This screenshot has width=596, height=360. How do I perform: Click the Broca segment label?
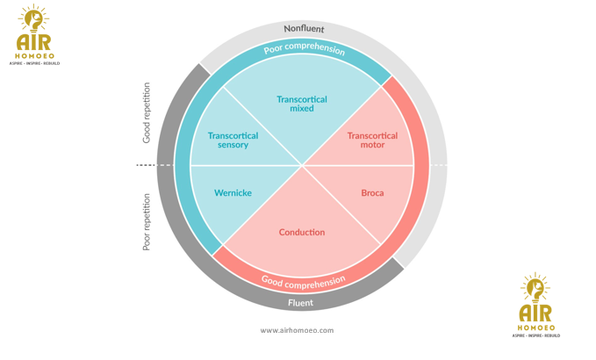click(372, 193)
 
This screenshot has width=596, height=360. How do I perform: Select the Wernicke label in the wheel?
click(233, 193)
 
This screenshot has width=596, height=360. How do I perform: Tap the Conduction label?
click(302, 233)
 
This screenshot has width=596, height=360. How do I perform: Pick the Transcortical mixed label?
click(302, 104)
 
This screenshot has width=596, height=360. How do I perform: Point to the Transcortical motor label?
click(372, 140)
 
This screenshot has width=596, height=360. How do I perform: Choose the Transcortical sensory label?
click(233, 140)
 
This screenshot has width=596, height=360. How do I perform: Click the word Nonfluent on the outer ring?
click(304, 29)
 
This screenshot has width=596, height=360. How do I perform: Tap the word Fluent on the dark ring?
click(300, 303)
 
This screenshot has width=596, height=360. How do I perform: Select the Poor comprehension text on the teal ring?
click(304, 47)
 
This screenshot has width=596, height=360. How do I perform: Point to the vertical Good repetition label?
click(147, 113)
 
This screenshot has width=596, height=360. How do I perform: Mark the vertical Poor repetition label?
click(147, 222)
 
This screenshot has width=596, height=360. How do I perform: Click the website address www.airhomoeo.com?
click(297, 331)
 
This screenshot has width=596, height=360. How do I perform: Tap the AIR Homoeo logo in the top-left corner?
click(34, 35)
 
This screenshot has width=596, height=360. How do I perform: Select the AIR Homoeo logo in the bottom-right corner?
click(535, 305)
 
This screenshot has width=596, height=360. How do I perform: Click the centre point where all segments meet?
click(302, 165)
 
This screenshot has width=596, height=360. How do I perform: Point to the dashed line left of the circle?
click(146, 165)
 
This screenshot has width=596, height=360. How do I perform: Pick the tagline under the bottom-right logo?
click(535, 335)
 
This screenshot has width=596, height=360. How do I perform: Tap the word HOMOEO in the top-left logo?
click(34, 56)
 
